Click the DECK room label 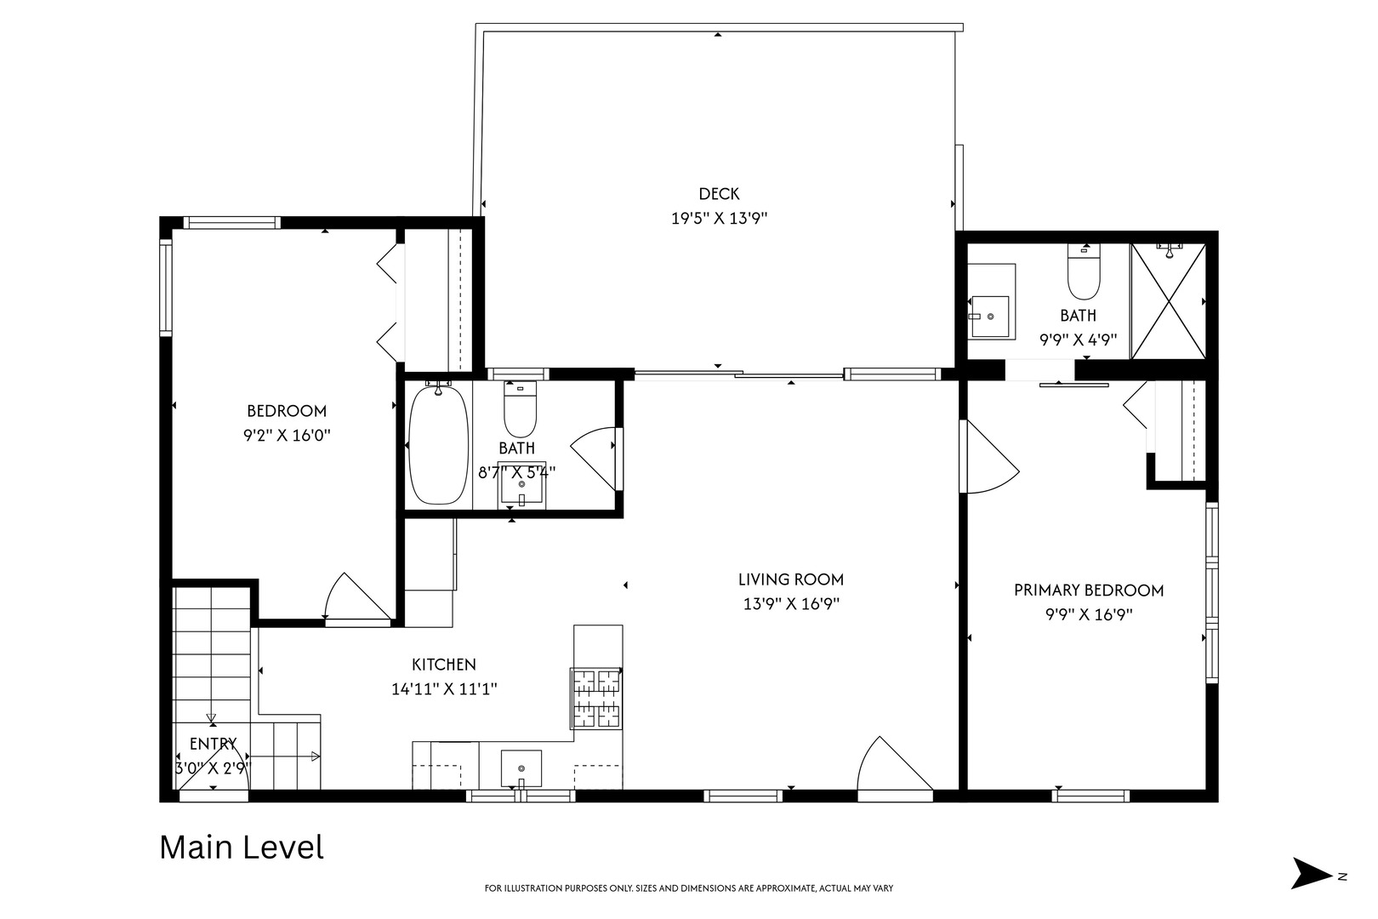click(719, 194)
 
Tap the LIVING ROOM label click(791, 579)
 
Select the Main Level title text click(242, 848)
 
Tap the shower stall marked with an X click(1168, 301)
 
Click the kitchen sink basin click(521, 768)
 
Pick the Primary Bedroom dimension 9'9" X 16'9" click(1089, 614)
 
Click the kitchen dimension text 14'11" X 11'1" click(444, 688)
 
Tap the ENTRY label click(213, 745)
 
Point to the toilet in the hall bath click(520, 408)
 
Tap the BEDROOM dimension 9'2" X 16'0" click(287, 435)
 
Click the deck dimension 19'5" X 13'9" click(719, 219)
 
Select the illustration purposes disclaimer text click(689, 888)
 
